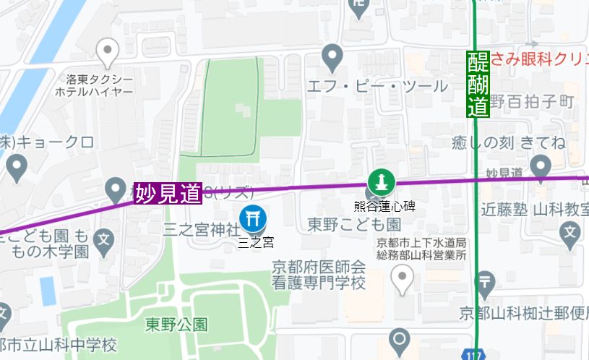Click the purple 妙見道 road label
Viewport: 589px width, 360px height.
click(x=168, y=193)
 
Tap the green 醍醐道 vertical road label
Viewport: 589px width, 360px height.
click(x=478, y=85)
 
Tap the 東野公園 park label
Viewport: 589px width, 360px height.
click(x=176, y=322)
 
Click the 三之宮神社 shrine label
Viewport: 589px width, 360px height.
click(x=200, y=230)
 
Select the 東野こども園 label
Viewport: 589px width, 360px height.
click(x=344, y=226)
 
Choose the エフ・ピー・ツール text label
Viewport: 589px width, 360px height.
click(x=377, y=87)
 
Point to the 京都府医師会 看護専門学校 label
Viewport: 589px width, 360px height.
click(x=318, y=274)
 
